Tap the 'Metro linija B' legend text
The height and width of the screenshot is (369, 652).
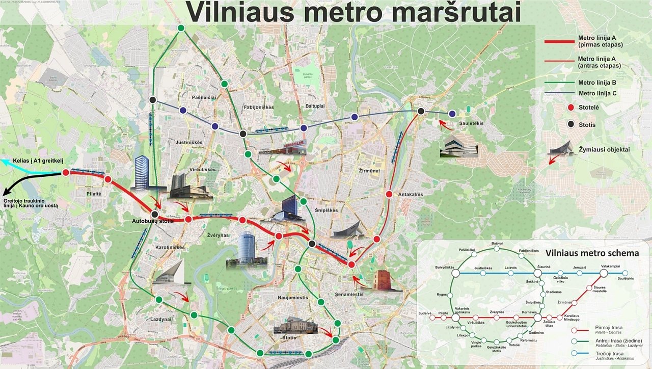click(597, 83)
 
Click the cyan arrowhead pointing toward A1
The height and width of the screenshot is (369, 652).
click(4, 162)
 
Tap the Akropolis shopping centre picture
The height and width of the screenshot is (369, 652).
click(283, 146)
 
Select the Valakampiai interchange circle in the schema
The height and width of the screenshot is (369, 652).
click(604, 273)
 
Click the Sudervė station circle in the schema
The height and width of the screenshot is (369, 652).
click(432, 318)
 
